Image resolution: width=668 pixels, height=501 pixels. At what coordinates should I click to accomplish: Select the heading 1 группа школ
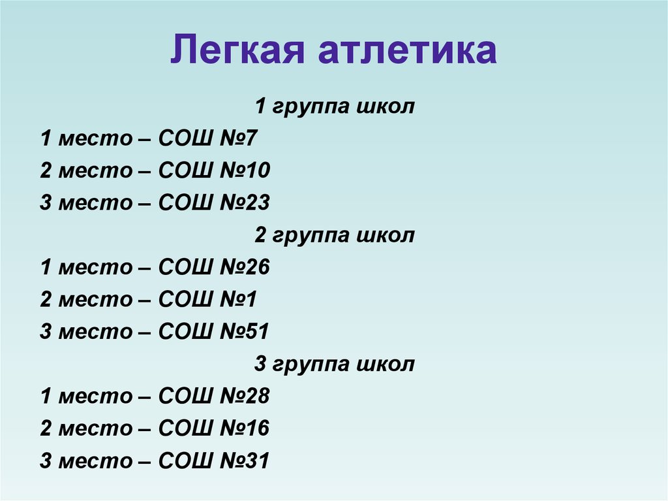334,106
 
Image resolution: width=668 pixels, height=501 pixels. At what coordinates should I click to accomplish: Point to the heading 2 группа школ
334,235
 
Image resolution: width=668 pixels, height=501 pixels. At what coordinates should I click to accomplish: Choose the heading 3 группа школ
334,364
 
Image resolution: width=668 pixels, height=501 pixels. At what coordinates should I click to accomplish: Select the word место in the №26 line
95,267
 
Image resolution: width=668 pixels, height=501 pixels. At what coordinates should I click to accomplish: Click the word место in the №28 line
95,396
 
